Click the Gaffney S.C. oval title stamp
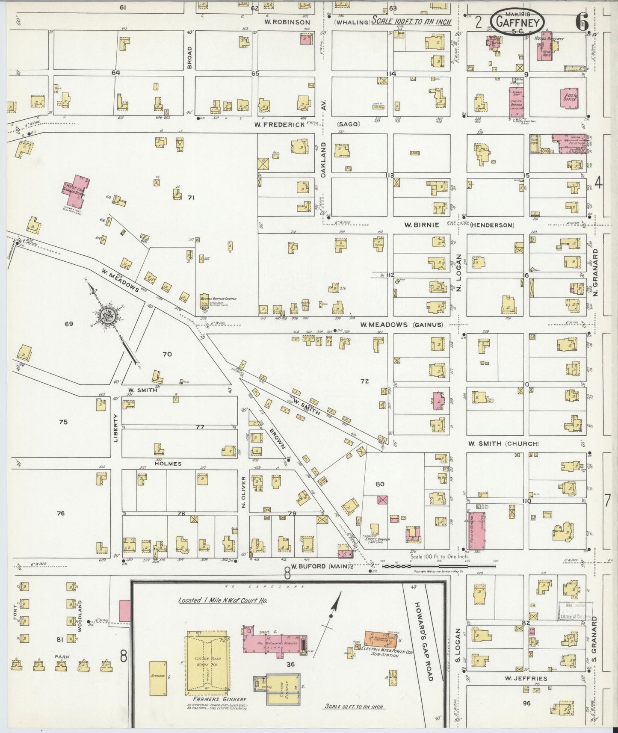click(517, 21)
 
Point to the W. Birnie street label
click(422, 225)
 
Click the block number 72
click(364, 381)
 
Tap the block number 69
click(69, 324)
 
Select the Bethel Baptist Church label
click(218, 299)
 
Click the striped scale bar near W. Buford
click(438, 566)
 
